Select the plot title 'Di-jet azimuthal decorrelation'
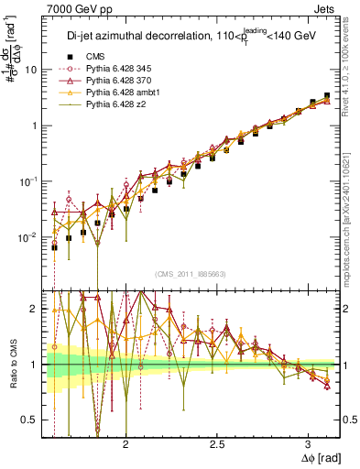coord(126,37)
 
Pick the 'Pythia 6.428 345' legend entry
coord(121,70)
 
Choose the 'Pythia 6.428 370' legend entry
coord(121,82)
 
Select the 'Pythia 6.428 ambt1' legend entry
coord(125,93)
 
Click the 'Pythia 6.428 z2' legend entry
coord(117,105)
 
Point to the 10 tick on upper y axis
coord(31,70)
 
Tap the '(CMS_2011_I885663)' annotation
coord(191,274)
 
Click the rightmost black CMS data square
coord(327,95)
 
